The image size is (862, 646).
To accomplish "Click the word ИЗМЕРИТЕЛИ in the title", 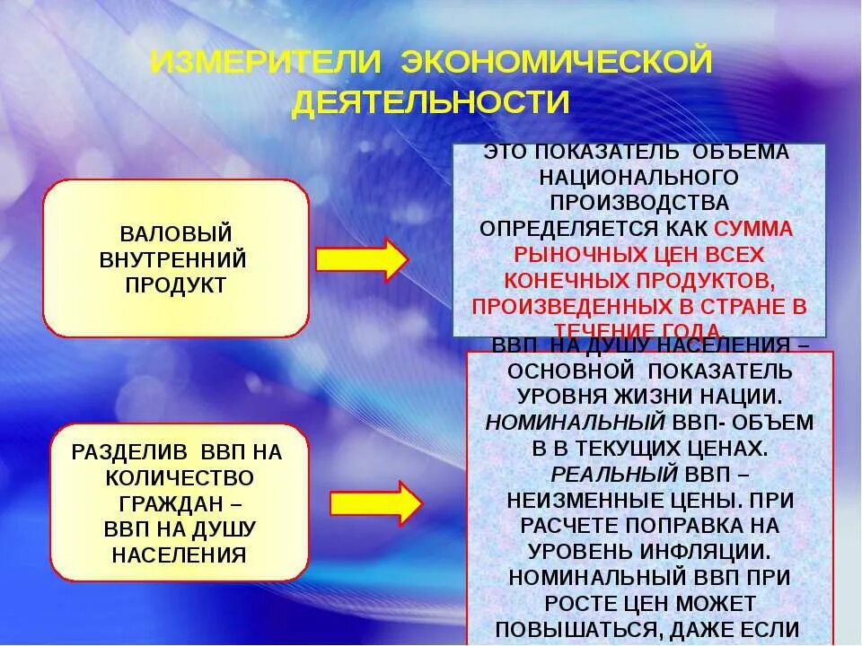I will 267,63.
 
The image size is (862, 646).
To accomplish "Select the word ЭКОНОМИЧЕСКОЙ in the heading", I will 557,63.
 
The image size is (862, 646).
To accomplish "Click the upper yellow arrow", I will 362,259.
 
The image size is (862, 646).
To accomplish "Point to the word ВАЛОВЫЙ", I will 176,234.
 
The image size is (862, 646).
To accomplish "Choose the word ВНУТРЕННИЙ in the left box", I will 173,260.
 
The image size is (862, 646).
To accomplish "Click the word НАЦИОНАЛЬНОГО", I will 638,177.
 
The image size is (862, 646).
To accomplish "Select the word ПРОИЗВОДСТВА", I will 639,202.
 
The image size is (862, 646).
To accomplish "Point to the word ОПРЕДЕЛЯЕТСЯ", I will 563,228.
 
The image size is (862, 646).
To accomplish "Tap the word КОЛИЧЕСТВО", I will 179,477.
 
